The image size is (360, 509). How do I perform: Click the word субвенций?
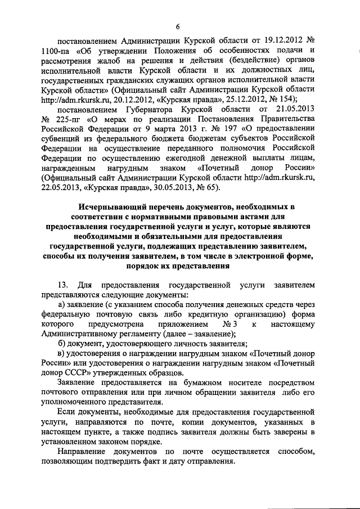tap(63, 142)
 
